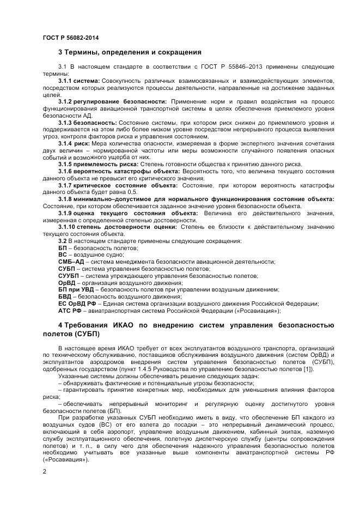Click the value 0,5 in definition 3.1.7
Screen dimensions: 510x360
(x=132, y=192)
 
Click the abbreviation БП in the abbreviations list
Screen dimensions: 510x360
(x=62, y=248)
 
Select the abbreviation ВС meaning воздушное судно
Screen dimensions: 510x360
(x=62, y=254)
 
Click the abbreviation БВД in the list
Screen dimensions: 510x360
(x=64, y=296)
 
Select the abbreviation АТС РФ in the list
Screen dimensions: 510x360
(x=69, y=311)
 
